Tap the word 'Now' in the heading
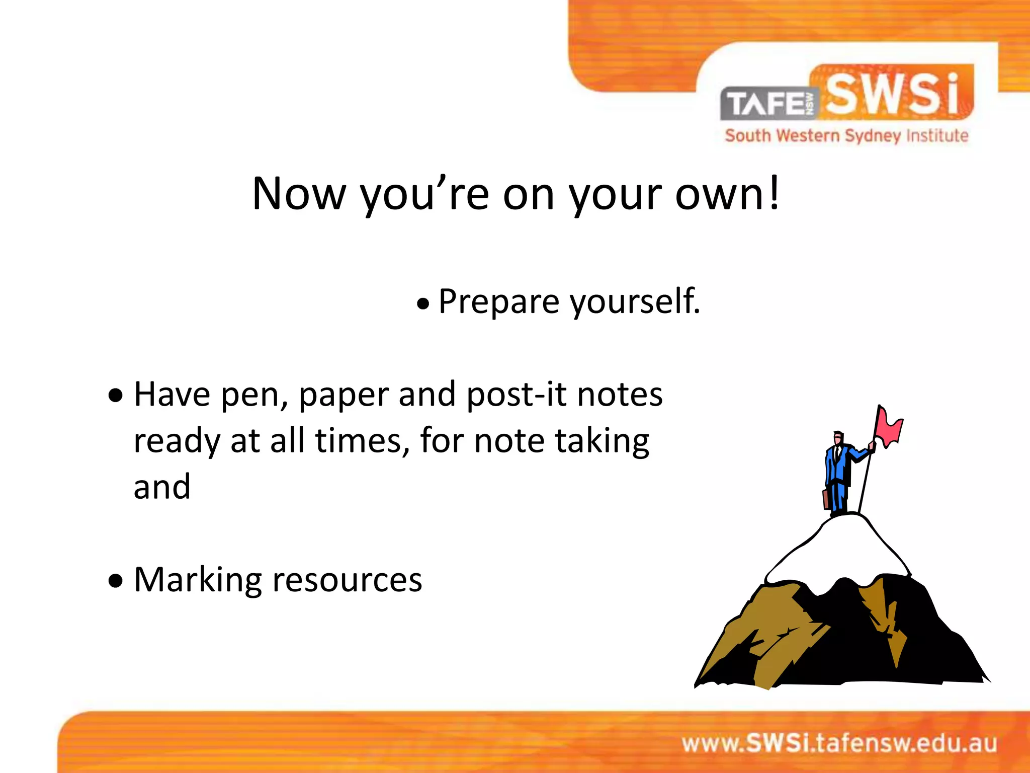tap(299, 194)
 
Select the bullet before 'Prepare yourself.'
tap(423, 304)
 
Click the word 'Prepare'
tap(499, 302)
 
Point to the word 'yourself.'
tap(635, 302)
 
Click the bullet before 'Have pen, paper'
tap(116, 396)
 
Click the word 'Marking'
tap(198, 580)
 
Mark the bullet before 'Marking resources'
tap(116, 581)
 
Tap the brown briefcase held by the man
tap(826, 499)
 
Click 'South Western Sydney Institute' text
tap(846, 136)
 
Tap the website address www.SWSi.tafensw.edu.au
tap(839, 743)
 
